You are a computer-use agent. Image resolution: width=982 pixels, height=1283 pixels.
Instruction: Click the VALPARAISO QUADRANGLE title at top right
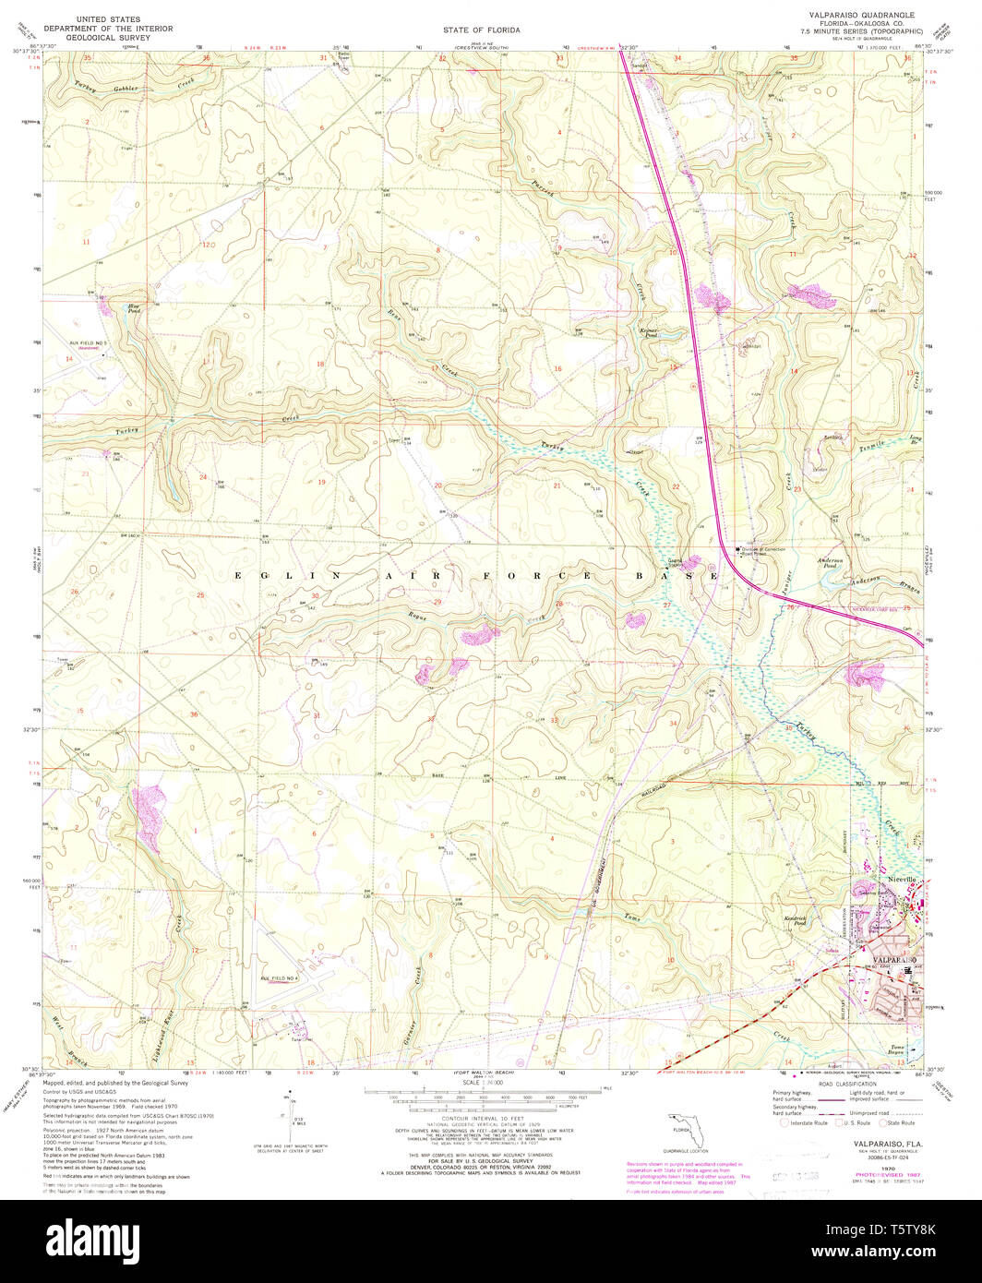[x=861, y=17]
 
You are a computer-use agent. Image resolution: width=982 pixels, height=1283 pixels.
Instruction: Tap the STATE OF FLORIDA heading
[x=481, y=30]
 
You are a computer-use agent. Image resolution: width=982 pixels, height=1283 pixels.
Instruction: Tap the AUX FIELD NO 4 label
[x=280, y=977]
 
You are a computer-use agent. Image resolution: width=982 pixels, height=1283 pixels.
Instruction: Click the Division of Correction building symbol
[x=736, y=549]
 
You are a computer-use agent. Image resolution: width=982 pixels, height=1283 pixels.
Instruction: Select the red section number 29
[x=437, y=602]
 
